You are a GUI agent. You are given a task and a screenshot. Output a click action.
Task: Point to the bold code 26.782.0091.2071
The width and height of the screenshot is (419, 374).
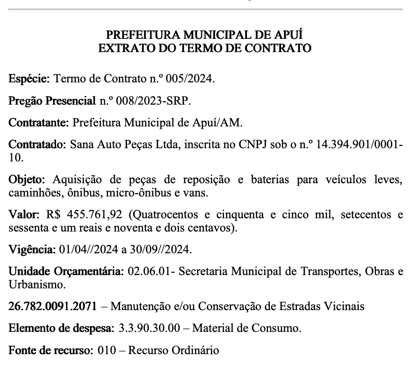[x=53, y=306]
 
